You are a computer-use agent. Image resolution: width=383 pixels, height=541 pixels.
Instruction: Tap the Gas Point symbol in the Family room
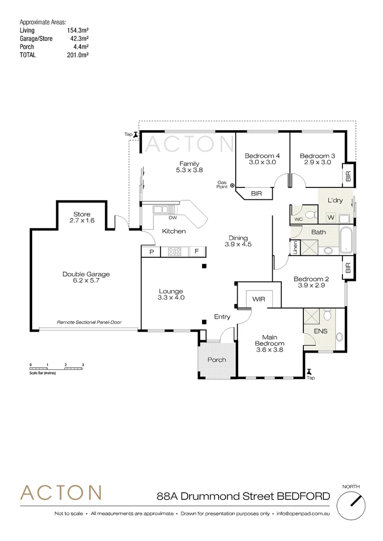pos(232,186)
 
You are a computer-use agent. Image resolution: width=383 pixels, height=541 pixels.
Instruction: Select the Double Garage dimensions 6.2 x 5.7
pos(86,282)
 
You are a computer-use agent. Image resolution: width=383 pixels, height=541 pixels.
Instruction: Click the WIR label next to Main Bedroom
pos(259,299)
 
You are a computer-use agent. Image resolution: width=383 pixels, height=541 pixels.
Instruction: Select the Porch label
pos(217,360)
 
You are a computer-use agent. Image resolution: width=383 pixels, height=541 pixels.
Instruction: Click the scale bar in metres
pos(57,368)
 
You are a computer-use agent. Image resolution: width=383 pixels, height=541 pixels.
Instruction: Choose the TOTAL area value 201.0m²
pos(78,55)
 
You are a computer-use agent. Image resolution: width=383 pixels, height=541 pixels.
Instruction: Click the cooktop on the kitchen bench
pos(174,251)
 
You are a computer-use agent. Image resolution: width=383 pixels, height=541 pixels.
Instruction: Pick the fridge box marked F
pos(197,251)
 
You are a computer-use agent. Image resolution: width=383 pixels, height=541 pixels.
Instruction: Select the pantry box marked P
pos(151,251)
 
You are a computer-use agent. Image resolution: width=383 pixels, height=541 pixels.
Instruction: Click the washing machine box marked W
pos(330,217)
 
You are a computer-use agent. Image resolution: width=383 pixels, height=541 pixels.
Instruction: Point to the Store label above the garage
pos(82,214)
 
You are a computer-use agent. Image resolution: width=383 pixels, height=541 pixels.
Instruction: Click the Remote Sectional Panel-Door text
pos(89,322)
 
